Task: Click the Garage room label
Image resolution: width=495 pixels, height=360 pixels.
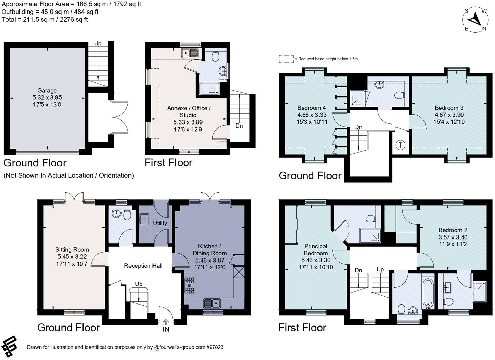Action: pyautogui.click(x=47, y=91)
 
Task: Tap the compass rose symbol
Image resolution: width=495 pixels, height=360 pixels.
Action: pyautogui.click(x=475, y=20)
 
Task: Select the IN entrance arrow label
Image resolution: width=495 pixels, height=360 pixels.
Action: pyautogui.click(x=166, y=329)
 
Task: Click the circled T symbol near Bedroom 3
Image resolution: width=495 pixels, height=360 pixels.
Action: pyautogui.click(x=400, y=145)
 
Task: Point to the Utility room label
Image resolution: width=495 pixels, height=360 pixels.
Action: pyautogui.click(x=160, y=223)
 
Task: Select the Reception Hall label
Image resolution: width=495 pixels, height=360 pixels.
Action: pyautogui.click(x=143, y=266)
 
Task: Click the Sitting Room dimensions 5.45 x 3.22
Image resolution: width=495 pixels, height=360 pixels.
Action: pyautogui.click(x=72, y=257)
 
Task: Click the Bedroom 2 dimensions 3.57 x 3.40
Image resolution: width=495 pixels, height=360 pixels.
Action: pyautogui.click(x=453, y=237)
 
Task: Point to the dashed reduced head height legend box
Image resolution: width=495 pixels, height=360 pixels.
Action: pyautogui.click(x=286, y=59)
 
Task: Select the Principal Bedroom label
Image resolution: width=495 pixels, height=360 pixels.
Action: pyautogui.click(x=315, y=250)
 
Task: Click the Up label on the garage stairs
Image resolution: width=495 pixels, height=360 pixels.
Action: pyautogui.click(x=98, y=44)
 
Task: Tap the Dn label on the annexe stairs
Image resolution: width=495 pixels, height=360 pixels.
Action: pyautogui.click(x=239, y=126)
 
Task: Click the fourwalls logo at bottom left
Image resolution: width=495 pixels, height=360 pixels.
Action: pyautogui.click(x=9, y=347)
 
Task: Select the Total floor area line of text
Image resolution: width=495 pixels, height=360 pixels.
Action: pyautogui.click(x=45, y=20)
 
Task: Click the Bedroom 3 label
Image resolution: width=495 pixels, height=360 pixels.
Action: pyautogui.click(x=449, y=108)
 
